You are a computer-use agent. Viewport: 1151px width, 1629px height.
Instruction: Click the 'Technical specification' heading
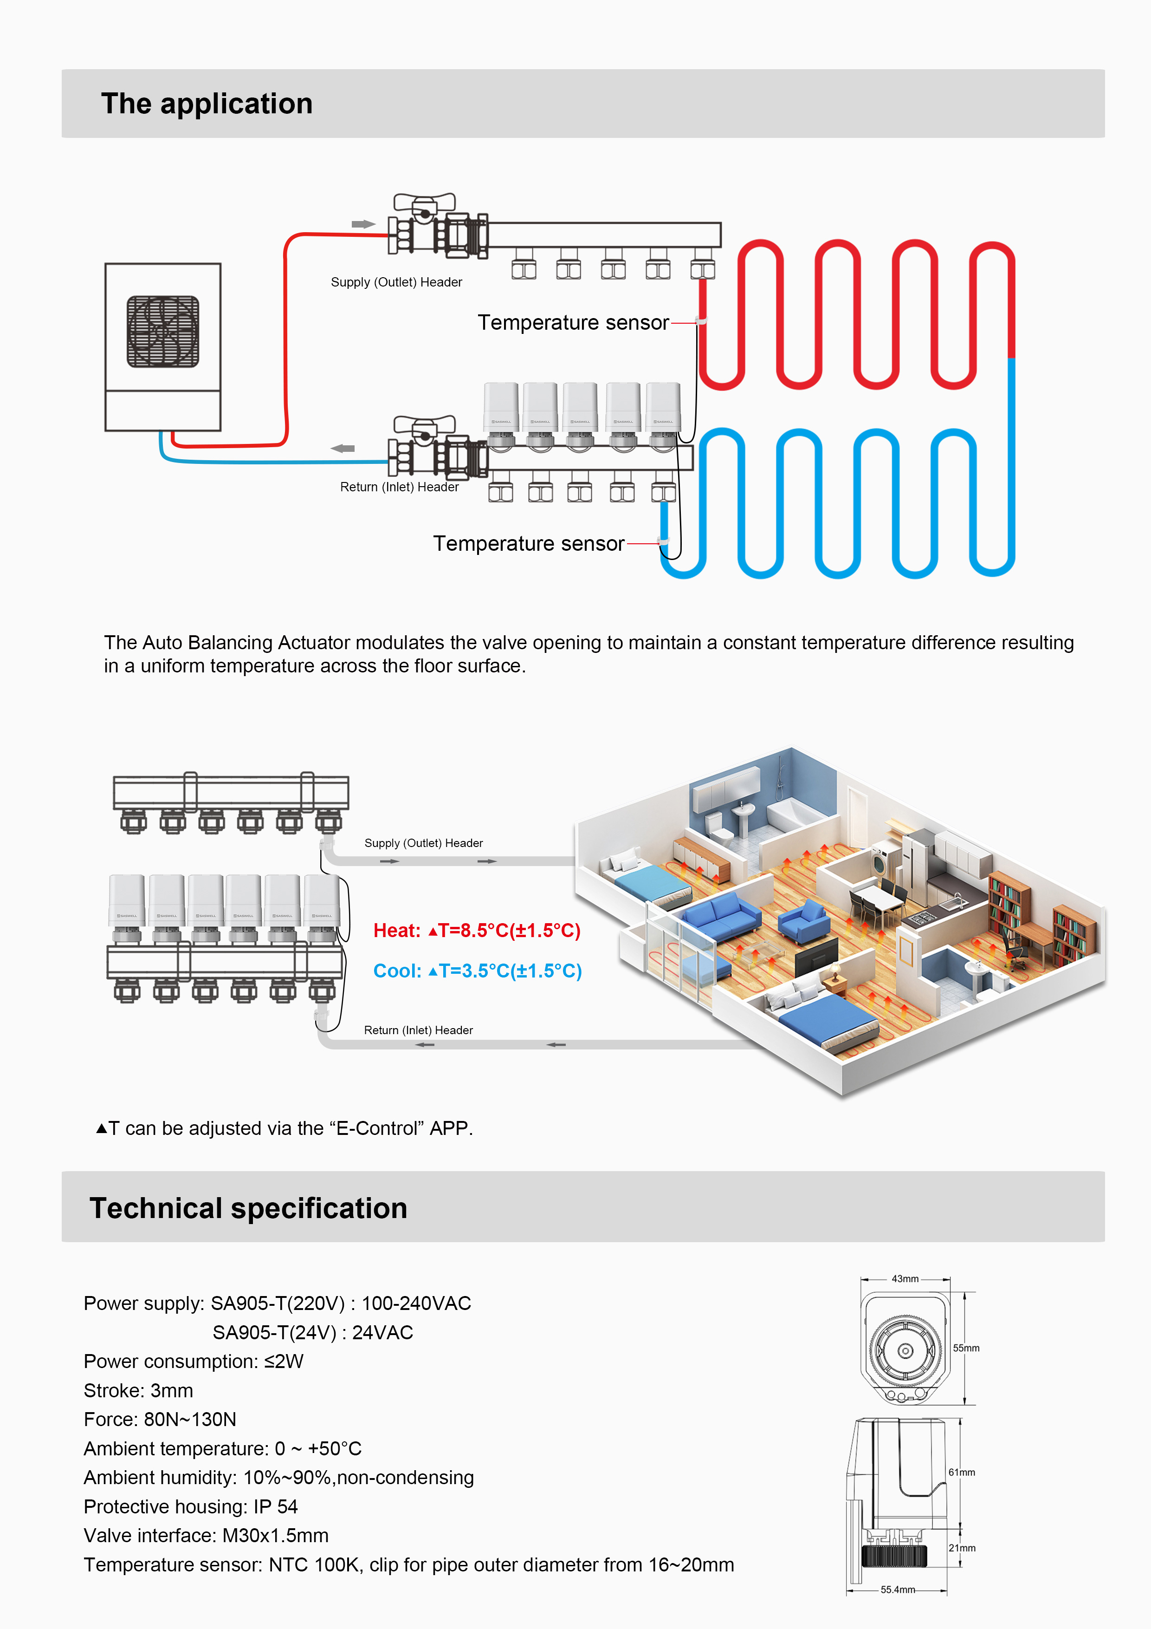[248, 1208]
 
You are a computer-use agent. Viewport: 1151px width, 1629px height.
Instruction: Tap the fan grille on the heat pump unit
[163, 332]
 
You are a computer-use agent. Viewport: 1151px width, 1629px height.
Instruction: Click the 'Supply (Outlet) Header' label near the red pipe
[396, 282]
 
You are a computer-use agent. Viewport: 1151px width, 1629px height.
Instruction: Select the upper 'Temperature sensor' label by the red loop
[573, 323]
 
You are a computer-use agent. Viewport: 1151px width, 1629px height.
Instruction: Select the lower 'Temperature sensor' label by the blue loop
[528, 543]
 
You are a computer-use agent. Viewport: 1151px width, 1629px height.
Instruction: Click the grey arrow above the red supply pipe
[363, 224]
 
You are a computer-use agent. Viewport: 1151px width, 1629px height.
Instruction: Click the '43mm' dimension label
[905, 1278]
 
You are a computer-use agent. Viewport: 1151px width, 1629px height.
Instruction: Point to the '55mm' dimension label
[966, 1348]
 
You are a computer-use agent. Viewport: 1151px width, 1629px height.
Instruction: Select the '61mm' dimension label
[962, 1472]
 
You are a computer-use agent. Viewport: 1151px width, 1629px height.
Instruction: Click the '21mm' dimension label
[962, 1548]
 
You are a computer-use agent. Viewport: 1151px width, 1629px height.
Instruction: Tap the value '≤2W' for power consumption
[284, 1362]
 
